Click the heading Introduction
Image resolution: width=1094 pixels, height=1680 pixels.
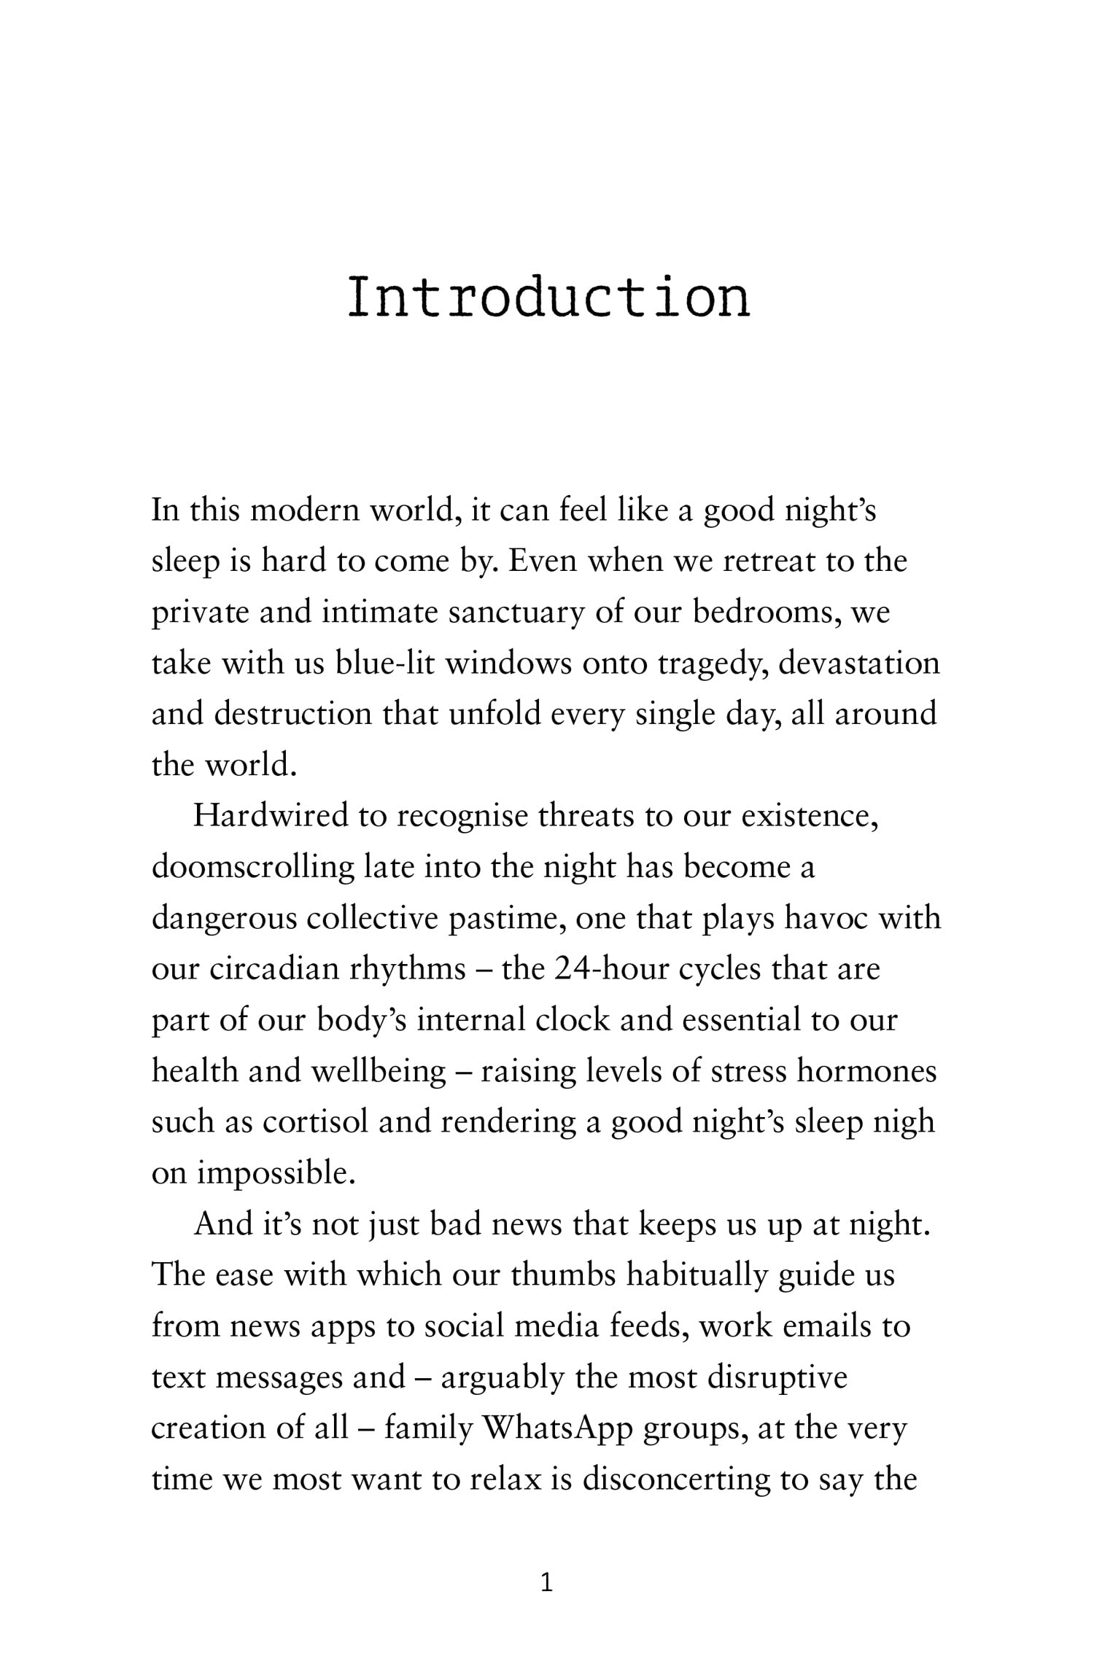[548, 297]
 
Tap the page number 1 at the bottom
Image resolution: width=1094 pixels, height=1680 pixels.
[547, 1583]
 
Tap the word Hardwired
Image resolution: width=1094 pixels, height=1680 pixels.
[271, 816]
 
